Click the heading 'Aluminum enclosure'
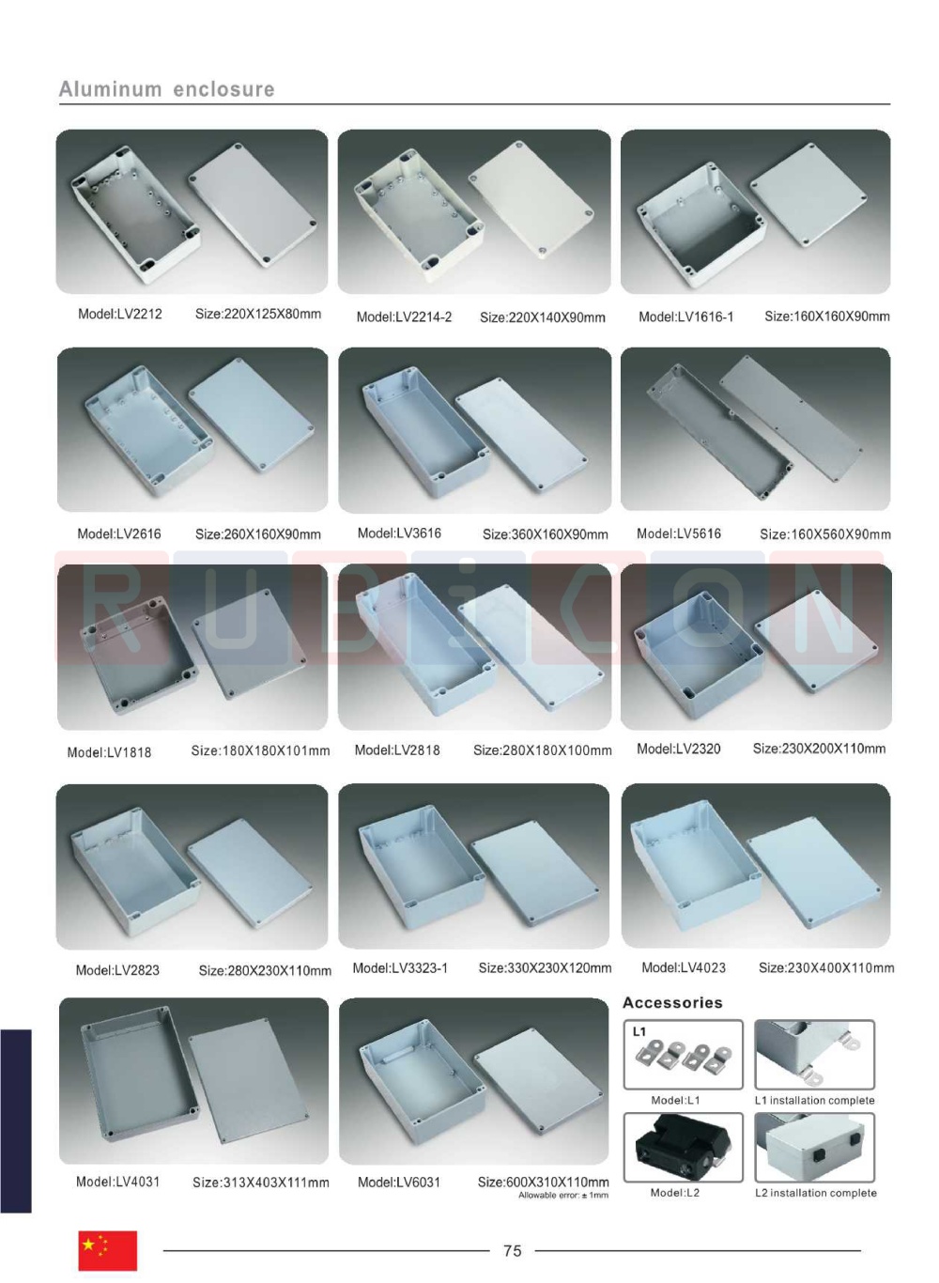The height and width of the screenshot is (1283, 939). point(166,89)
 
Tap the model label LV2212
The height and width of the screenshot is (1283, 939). point(119,314)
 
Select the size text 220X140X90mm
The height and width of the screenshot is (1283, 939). point(542,317)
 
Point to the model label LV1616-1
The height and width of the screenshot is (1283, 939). point(685,317)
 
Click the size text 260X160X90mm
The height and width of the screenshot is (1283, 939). point(257,534)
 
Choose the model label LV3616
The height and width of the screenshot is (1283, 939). point(399,533)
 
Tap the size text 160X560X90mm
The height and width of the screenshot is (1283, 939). point(825,534)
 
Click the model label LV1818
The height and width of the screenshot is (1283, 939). point(109,752)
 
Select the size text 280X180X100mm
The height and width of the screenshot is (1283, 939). point(542,750)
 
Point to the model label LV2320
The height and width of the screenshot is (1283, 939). point(679,749)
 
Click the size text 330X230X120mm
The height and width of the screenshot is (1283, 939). point(545,968)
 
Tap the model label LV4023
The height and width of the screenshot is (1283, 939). point(683,967)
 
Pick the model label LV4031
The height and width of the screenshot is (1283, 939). point(118,1182)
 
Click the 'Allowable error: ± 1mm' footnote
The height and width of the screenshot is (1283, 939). point(563,1196)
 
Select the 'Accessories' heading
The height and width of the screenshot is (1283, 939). point(672,1002)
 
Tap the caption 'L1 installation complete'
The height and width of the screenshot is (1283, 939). point(814,1100)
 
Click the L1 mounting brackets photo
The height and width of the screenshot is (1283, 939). point(683,1055)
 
